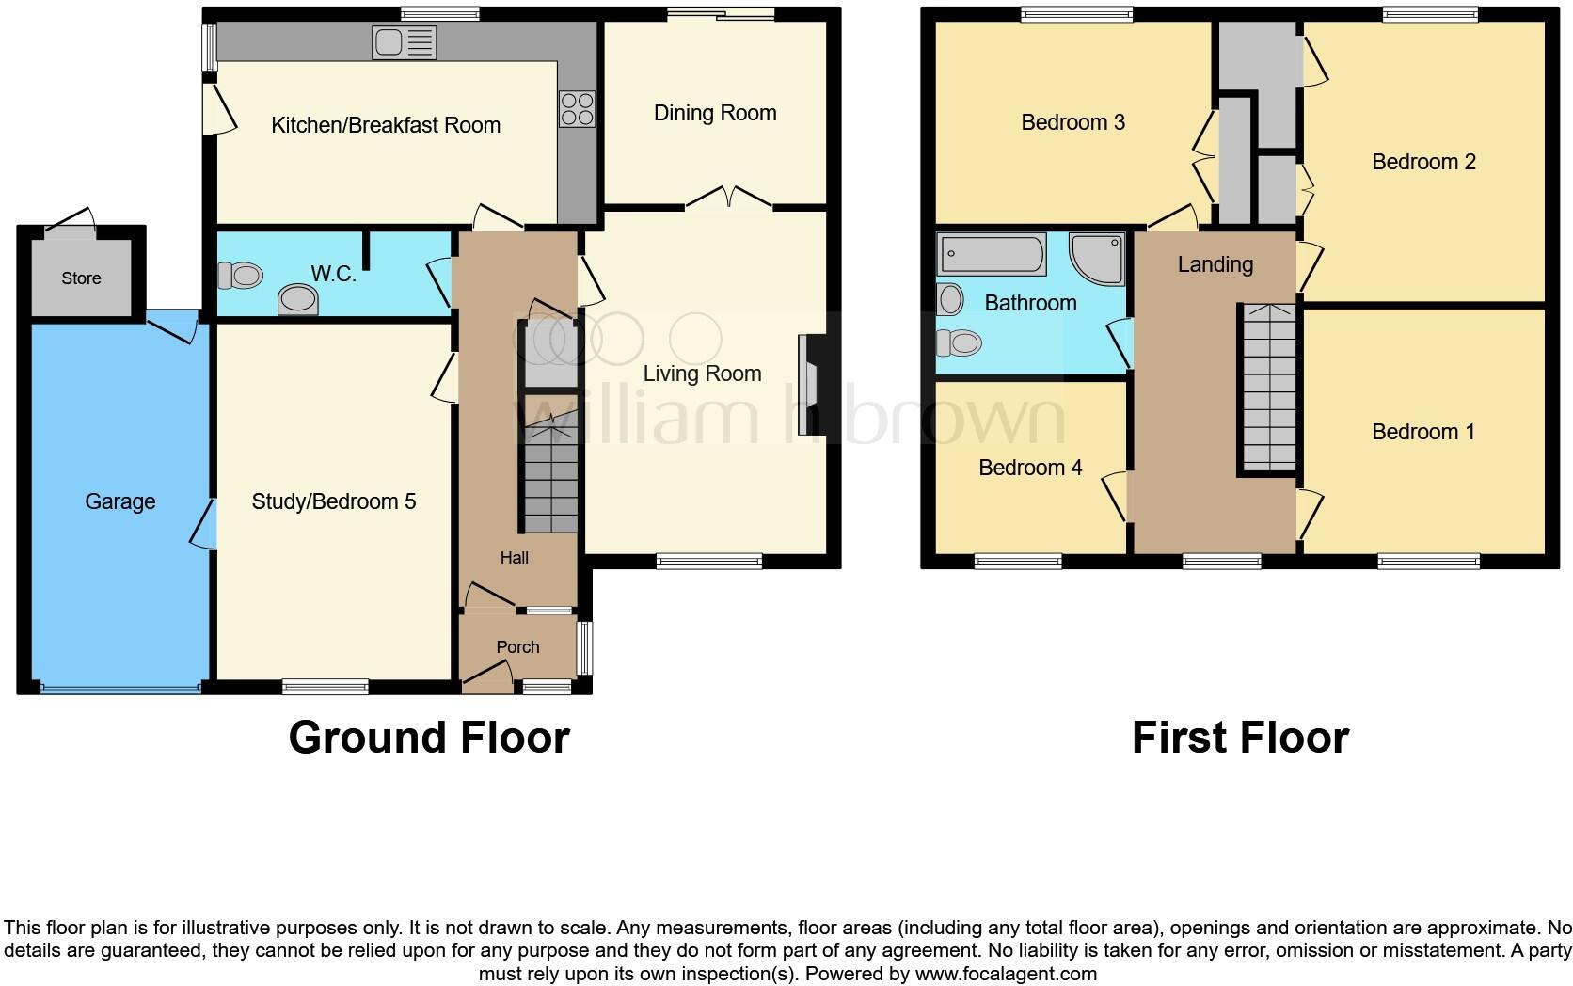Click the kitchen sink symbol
coord(404,42)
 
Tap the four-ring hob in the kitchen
coord(577,108)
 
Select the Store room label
coord(81,278)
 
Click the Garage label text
coord(119,501)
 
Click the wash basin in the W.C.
coord(298,300)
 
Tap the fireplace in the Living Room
coord(808,385)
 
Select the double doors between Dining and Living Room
coord(729,198)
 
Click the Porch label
coord(517,647)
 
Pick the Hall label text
coord(514,558)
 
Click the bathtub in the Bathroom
coord(992,254)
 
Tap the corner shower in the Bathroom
coord(1099,257)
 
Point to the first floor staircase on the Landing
coord(1270,387)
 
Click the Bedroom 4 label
coord(1030,468)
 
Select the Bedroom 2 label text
coord(1423,162)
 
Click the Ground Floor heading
coord(429,738)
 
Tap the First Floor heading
coord(1240,738)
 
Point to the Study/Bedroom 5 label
coord(334,501)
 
